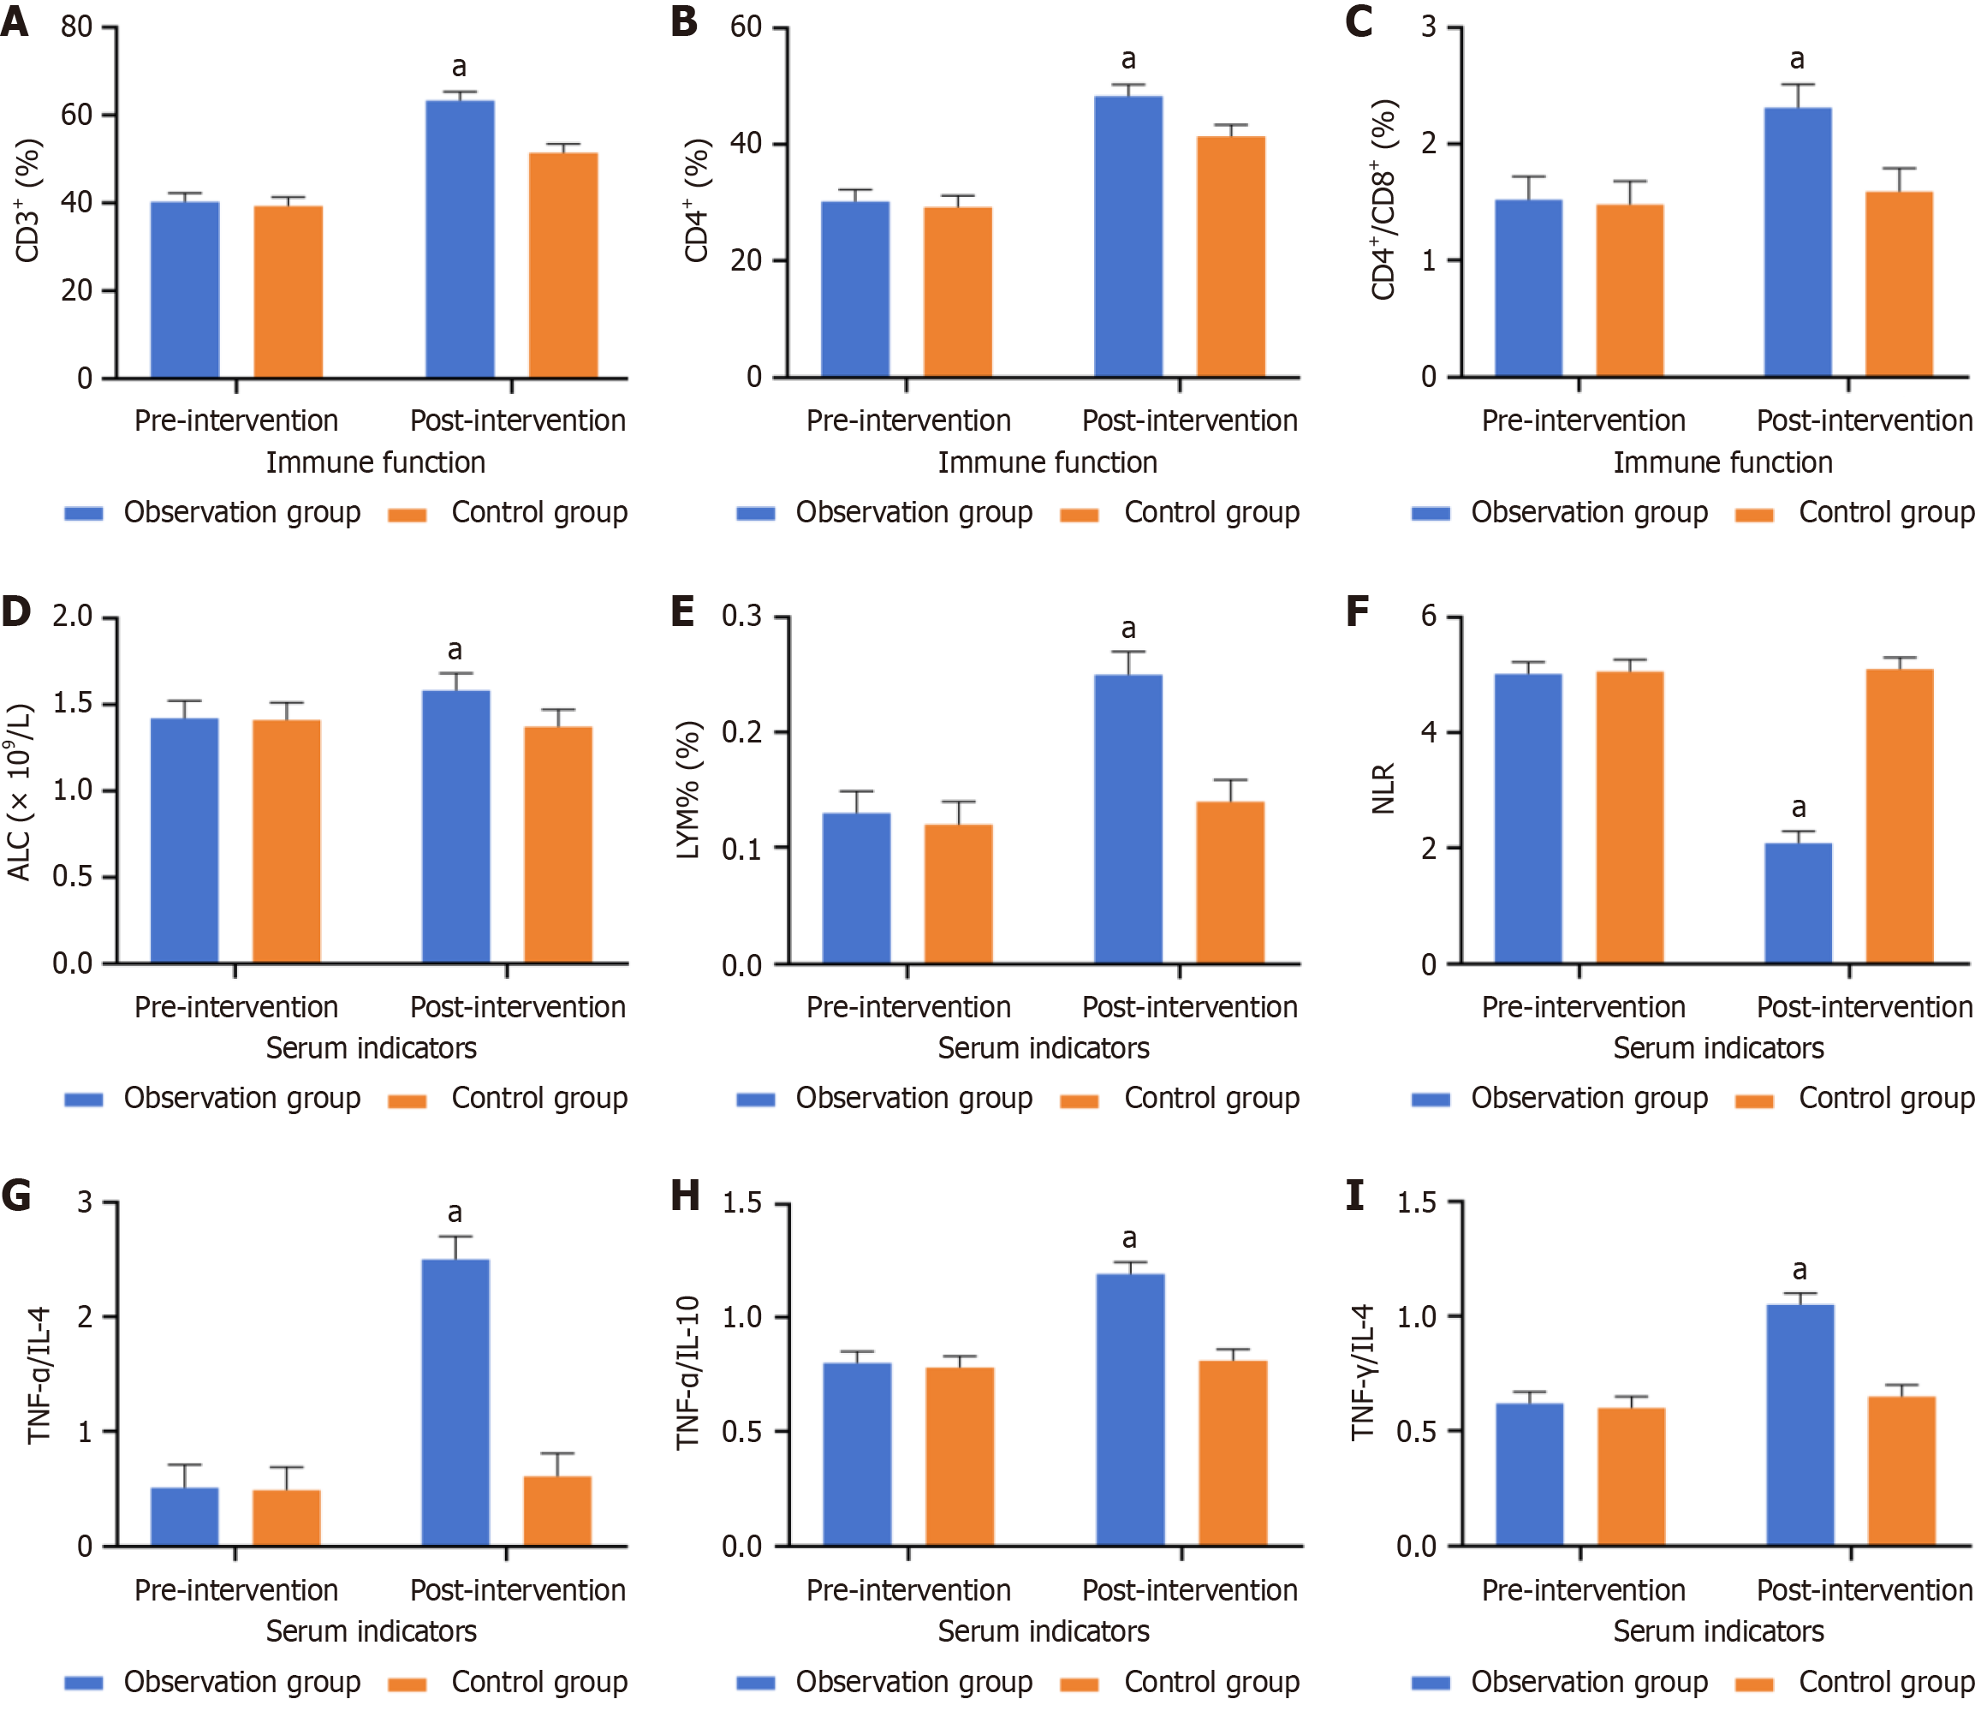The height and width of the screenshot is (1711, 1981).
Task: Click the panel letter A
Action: pos(15,21)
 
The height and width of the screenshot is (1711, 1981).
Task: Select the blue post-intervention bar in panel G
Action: pos(455,1402)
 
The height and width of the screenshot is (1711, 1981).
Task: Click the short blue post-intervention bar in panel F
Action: pos(1798,903)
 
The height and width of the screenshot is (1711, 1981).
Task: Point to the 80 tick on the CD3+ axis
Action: pos(76,27)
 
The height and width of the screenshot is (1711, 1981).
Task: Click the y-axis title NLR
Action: pos(1383,788)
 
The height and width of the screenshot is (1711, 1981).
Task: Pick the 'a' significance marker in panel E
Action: pos(1128,629)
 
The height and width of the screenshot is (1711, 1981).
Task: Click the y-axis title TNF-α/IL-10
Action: pos(688,1374)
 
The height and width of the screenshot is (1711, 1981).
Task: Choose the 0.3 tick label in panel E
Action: pos(742,616)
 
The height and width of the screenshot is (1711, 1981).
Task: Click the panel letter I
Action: pos(1354,1196)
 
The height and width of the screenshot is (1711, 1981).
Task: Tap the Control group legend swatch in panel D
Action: pos(408,1100)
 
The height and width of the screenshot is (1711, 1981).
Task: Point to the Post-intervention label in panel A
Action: pos(517,420)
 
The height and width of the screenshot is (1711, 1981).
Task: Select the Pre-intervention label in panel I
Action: pos(1583,1590)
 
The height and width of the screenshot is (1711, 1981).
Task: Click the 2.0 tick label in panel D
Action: pos(73,616)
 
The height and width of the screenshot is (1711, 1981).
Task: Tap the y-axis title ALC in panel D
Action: pos(19,792)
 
